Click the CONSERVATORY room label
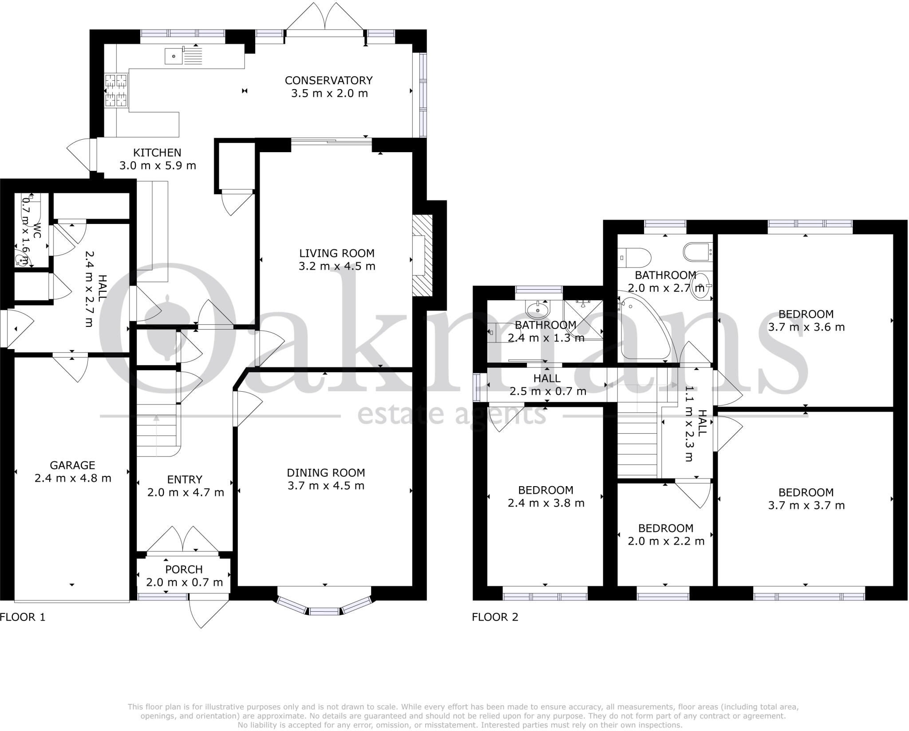click(x=328, y=80)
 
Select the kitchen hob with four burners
click(x=116, y=90)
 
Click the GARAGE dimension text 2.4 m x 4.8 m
click(x=73, y=478)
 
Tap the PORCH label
click(x=184, y=569)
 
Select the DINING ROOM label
click(x=326, y=472)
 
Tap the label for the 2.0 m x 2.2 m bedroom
click(x=666, y=528)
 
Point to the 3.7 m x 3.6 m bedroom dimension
click(x=806, y=327)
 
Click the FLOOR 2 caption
click(x=495, y=617)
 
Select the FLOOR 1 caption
click(x=23, y=617)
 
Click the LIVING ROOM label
click(x=336, y=253)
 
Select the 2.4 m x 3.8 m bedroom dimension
click(x=545, y=503)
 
